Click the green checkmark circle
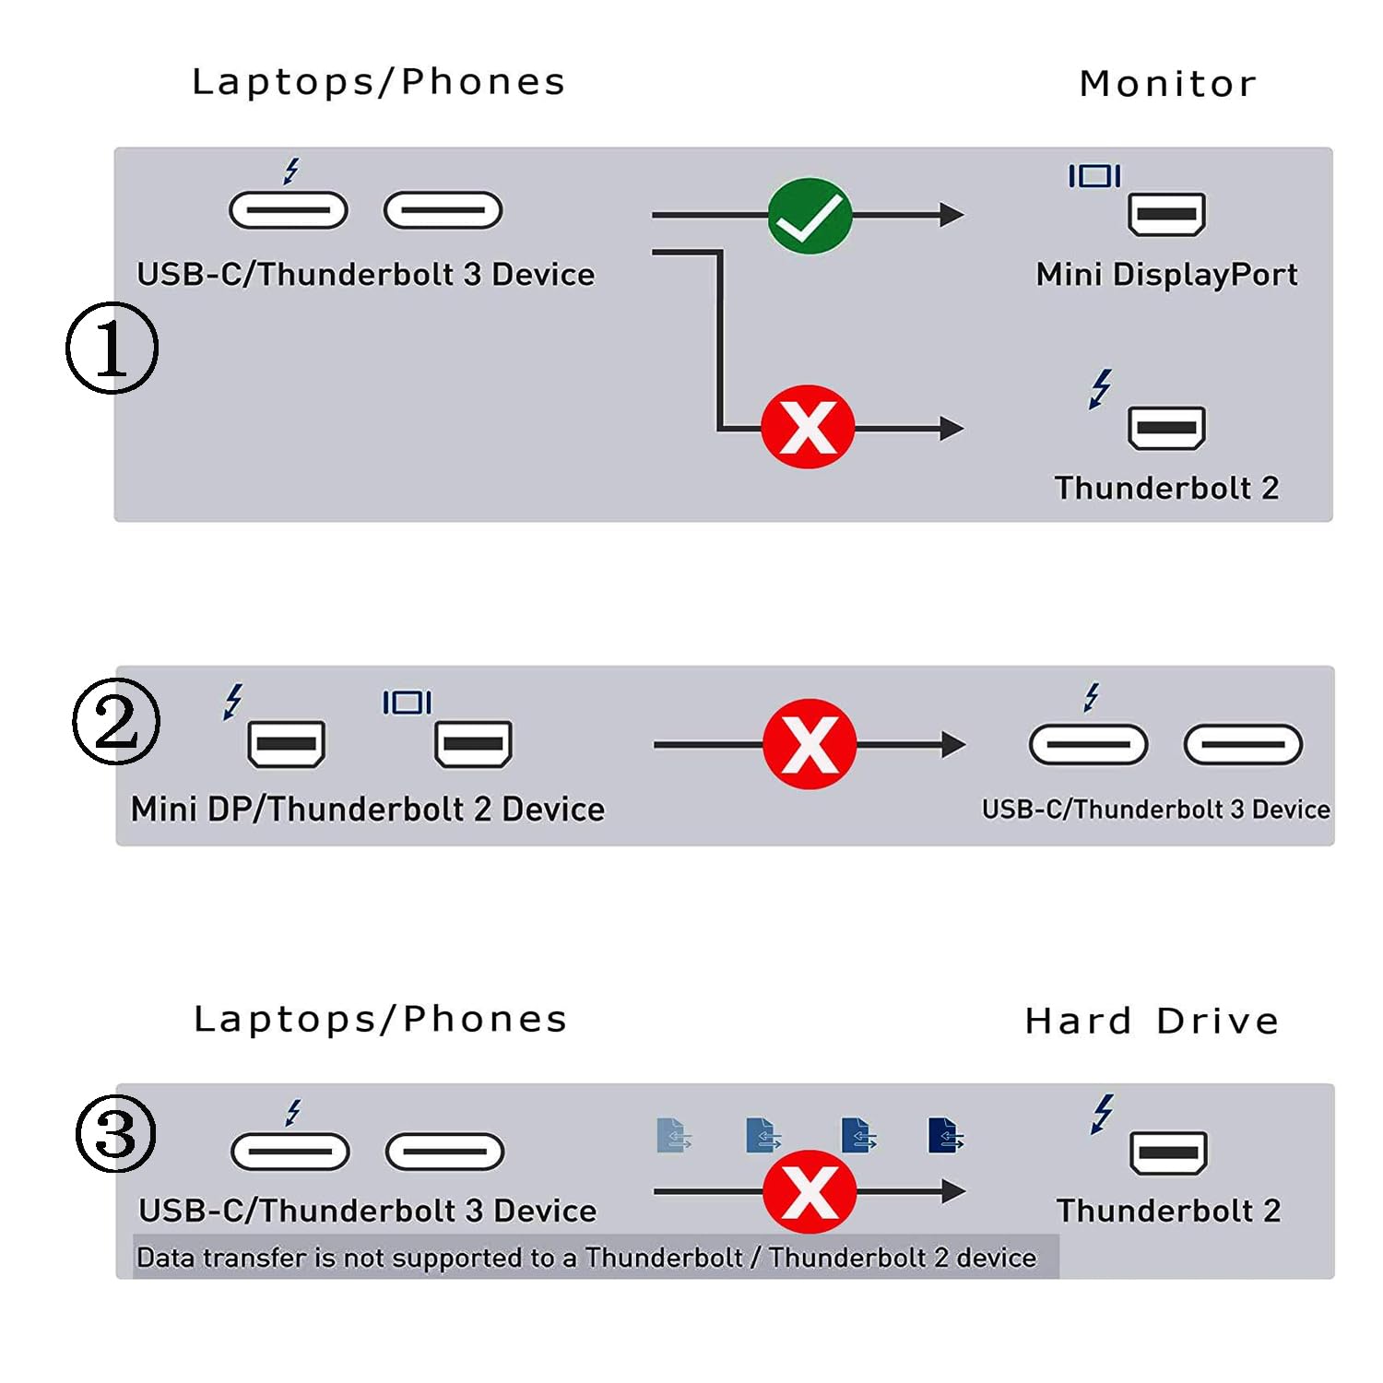[x=810, y=216]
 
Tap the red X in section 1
[x=808, y=427]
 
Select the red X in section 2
[x=810, y=744]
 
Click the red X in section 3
[x=810, y=1191]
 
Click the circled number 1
[x=112, y=348]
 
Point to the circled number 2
[x=116, y=721]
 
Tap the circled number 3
[x=115, y=1133]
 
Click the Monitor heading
[x=1168, y=84]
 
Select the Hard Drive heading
[x=1152, y=1021]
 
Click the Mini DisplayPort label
[x=1166, y=274]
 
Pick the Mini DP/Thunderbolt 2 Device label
[x=368, y=809]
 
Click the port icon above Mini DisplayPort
[x=1166, y=215]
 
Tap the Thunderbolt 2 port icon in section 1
[x=1166, y=428]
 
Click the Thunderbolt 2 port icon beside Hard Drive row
[x=1168, y=1152]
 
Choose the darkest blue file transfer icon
[x=945, y=1136]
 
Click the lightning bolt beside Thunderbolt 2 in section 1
[x=1100, y=388]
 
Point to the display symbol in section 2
[x=407, y=703]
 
